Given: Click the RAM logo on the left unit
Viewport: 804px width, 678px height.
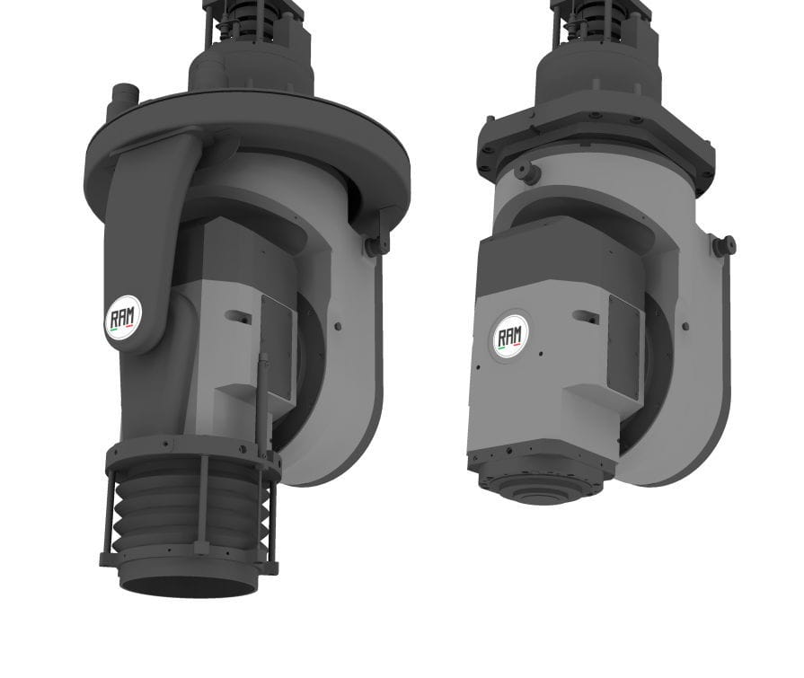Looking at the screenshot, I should click(122, 317).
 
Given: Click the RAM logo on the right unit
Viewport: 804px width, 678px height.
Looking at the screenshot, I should click(512, 336).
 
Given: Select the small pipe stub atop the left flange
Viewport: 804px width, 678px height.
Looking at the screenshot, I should click(122, 97).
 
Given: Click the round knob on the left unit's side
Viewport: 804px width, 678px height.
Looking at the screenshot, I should click(375, 243).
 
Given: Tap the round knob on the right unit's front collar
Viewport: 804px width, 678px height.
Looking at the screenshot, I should click(529, 173).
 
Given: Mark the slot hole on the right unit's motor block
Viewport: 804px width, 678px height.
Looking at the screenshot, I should click(588, 316).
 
